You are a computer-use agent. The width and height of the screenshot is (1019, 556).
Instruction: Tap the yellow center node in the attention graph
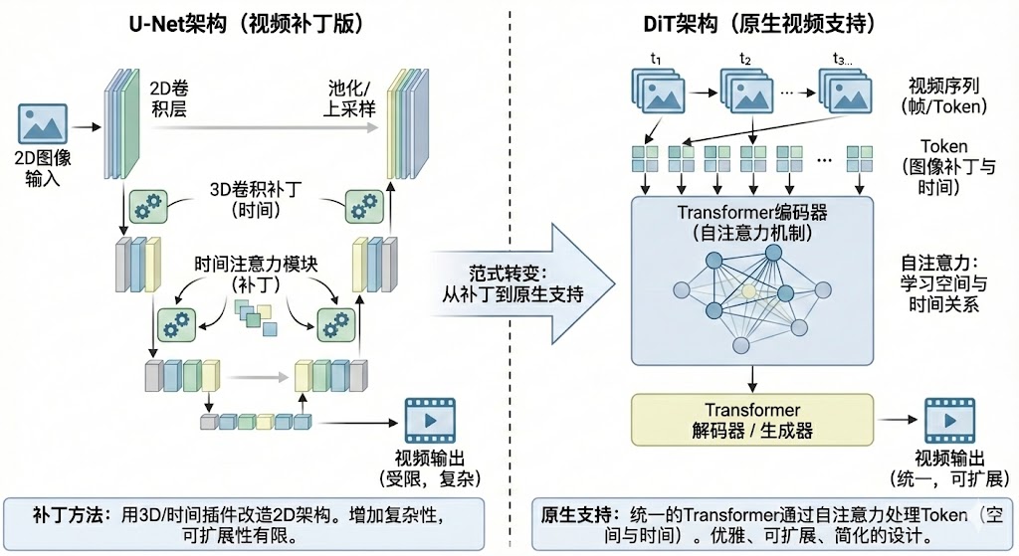(749, 291)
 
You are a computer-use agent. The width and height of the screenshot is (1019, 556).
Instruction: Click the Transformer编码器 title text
(752, 212)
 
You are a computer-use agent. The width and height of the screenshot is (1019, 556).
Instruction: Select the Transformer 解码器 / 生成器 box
(752, 419)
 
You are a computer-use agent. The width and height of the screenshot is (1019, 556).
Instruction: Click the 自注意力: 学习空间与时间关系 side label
(943, 281)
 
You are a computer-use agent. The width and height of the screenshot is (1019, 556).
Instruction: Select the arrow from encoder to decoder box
(752, 379)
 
